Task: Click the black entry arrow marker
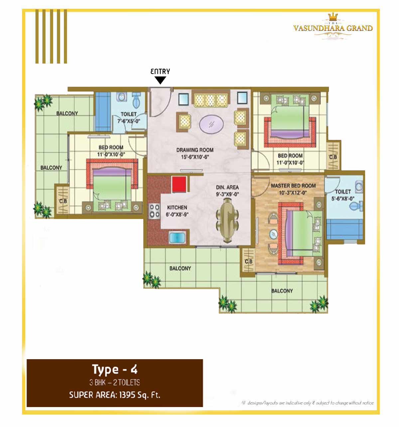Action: tap(160, 80)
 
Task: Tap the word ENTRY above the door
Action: tap(160, 71)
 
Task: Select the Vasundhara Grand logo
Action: tap(333, 26)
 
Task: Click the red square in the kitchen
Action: tap(179, 184)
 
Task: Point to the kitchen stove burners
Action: tap(155, 211)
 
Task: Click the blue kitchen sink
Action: tap(177, 237)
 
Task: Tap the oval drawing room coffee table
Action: tap(211, 124)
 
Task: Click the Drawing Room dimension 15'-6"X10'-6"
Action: tap(195, 157)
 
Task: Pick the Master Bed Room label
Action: tap(293, 186)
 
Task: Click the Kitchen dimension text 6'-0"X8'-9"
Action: tap(177, 214)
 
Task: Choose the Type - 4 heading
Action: tap(115, 369)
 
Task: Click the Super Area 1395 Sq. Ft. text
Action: tap(115, 395)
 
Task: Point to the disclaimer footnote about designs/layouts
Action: tap(307, 403)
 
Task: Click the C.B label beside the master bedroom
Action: tap(248, 261)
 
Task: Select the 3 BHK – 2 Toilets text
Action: tap(115, 382)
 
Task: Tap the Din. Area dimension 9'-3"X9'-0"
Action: tap(227, 194)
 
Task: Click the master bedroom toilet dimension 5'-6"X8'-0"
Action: tap(343, 199)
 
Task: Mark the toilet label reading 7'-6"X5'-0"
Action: tap(129, 121)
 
